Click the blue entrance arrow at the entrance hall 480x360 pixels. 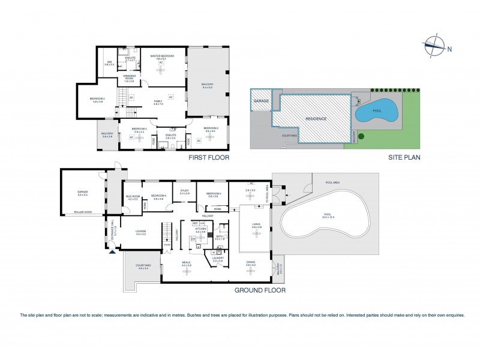click(112, 251)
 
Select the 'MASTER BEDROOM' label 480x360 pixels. click(161, 56)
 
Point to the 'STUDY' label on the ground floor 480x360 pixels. click(184, 191)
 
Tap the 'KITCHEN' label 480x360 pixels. click(200, 229)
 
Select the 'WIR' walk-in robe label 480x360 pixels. click(110, 62)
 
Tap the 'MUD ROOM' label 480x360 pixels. click(133, 196)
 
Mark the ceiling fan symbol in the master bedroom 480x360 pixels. click(161, 70)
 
